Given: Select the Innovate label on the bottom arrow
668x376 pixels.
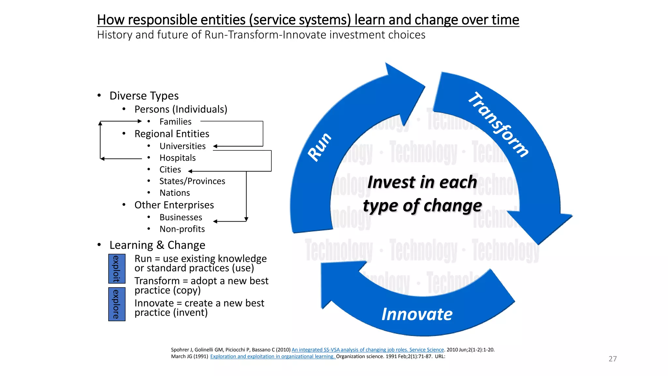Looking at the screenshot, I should coord(417,314).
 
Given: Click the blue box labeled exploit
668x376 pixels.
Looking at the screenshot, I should coord(117,269).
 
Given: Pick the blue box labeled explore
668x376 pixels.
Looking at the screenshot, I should coord(117,304).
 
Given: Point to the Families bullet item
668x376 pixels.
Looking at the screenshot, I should coord(175,122).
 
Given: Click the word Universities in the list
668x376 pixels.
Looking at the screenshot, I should coord(182,146).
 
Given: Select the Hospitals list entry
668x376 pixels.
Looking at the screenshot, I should coord(177,158).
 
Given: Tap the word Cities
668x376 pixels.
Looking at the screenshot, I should coord(170,170).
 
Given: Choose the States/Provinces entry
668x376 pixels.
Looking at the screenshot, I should coord(192,181).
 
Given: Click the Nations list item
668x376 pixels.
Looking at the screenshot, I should coord(175,193).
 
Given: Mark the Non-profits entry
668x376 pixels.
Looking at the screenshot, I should coord(182,229).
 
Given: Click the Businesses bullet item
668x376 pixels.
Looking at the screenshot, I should coord(181,217).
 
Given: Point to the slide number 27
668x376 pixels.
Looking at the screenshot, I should coord(613,359).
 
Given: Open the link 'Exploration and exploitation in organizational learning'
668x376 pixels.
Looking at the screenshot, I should coord(272,356).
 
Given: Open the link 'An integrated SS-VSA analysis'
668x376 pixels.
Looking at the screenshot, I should coord(368,350).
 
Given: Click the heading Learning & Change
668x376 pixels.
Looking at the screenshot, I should coord(157,245).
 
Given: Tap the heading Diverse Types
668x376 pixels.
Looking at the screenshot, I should coord(144,96).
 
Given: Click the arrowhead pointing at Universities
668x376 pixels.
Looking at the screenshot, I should coord(215,146).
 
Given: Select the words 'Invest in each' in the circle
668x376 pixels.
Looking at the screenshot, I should coord(422,182).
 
